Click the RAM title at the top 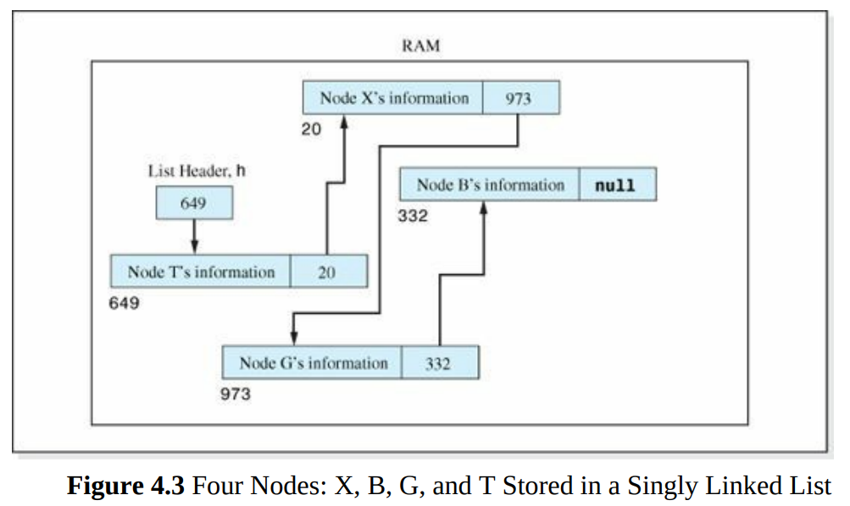pyautogui.click(x=420, y=46)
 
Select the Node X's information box pyautogui.click(x=393, y=98)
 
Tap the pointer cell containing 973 pyautogui.click(x=519, y=98)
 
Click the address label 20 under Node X pyautogui.click(x=311, y=131)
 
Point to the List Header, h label pyautogui.click(x=197, y=171)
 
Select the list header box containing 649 pyautogui.click(x=194, y=203)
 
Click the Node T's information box pyautogui.click(x=201, y=272)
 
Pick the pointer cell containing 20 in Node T pyautogui.click(x=327, y=272)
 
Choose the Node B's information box pyautogui.click(x=490, y=185)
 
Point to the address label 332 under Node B pyautogui.click(x=413, y=217)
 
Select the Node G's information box pyautogui.click(x=313, y=363)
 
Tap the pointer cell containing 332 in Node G pyautogui.click(x=438, y=363)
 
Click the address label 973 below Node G pyautogui.click(x=236, y=394)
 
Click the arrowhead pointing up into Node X pyautogui.click(x=345, y=123)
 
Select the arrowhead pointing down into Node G pyautogui.click(x=293, y=338)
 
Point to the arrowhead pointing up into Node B pyautogui.click(x=483, y=209)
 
